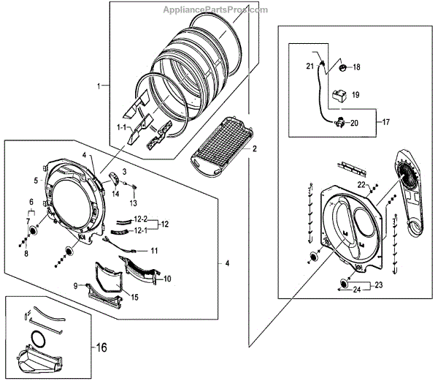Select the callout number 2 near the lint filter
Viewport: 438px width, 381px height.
click(255, 148)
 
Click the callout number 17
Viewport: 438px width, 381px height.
click(387, 120)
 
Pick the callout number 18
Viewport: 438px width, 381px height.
click(357, 67)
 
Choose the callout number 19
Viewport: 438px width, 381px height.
click(356, 95)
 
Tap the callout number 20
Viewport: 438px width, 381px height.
click(354, 123)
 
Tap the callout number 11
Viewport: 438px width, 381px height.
click(153, 250)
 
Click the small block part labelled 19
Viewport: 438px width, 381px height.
click(339, 94)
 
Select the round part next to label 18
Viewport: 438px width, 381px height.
click(339, 68)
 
